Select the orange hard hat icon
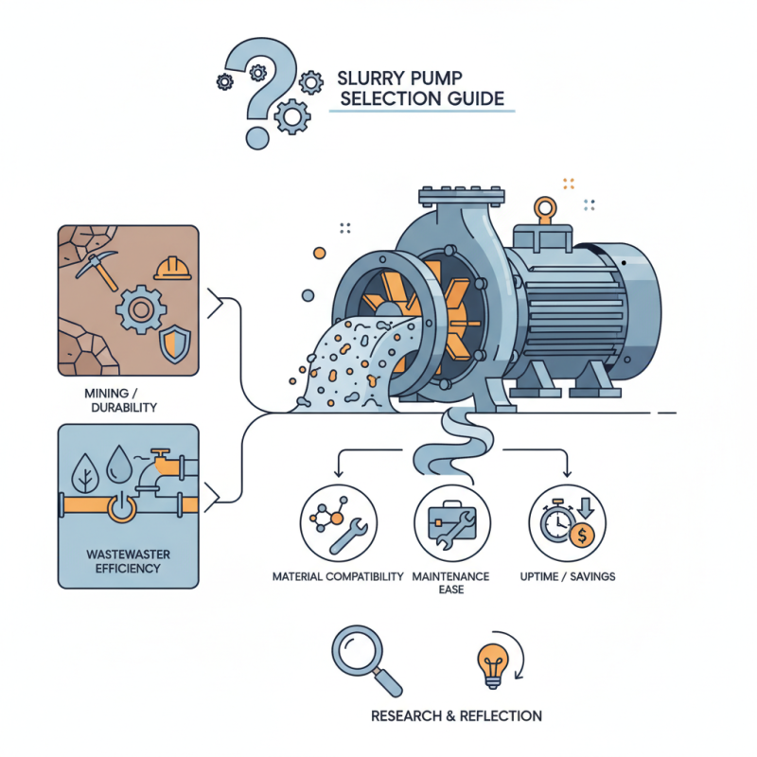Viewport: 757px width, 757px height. coord(171,269)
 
